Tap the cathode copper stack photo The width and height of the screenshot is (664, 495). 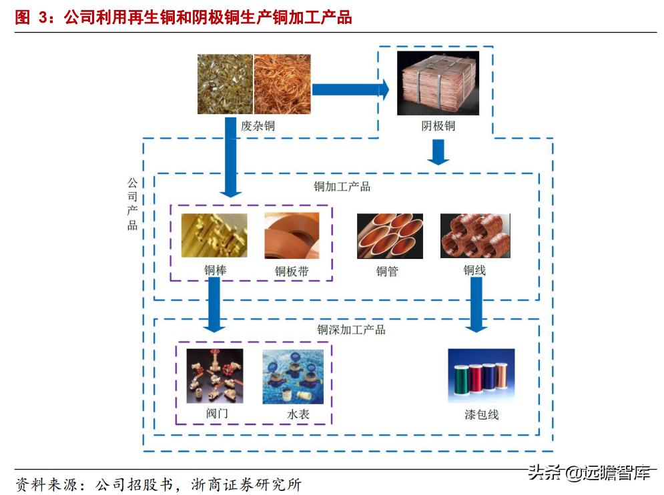(x=437, y=83)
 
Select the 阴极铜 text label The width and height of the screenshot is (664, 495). (x=438, y=125)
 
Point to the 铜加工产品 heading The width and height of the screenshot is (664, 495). (x=342, y=186)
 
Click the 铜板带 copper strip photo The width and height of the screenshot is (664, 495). (x=292, y=235)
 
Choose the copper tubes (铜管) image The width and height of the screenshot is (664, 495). (x=390, y=235)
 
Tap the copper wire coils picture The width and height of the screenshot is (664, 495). (x=474, y=235)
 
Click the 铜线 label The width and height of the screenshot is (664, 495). (x=474, y=270)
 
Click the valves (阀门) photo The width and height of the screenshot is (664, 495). (x=215, y=376)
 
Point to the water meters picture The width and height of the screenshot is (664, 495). (x=293, y=376)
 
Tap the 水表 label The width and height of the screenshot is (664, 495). (x=298, y=414)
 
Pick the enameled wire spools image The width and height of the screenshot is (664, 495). (x=481, y=376)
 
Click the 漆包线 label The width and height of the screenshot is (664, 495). (x=482, y=414)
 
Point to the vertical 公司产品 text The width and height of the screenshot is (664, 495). (x=132, y=203)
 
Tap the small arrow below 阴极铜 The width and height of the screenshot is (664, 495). (x=438, y=154)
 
